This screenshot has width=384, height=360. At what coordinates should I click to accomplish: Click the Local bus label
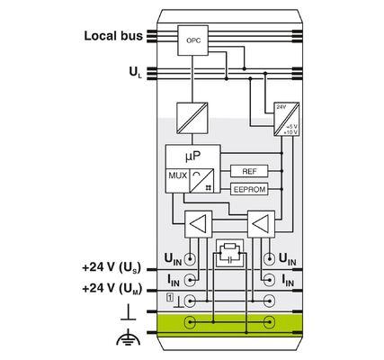point(113,36)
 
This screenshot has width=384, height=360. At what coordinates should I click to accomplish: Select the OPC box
point(192,41)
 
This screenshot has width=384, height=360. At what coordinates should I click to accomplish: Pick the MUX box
point(176,175)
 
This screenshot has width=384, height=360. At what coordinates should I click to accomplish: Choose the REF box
point(249,170)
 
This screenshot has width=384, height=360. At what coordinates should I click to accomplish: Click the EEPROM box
point(249,189)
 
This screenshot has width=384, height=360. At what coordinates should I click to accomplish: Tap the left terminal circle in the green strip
point(191,321)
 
